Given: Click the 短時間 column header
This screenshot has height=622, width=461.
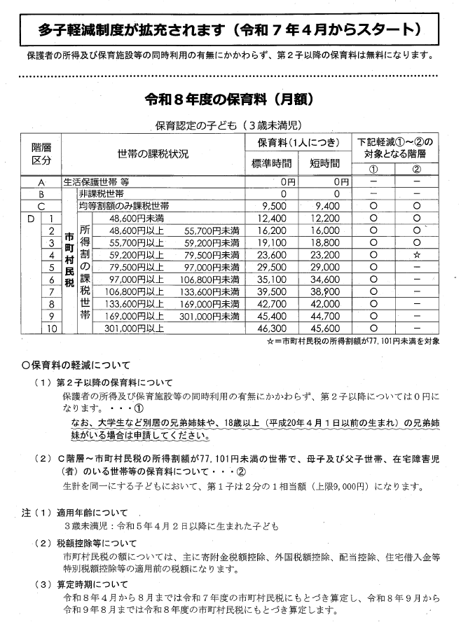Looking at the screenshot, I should [324, 163].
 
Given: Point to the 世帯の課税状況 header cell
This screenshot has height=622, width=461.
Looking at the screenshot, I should [153, 152].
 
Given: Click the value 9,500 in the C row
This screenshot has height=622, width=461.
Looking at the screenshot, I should [274, 206].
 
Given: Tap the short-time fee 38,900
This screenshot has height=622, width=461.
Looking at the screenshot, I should [326, 291].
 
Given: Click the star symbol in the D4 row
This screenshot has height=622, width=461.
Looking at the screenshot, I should [417, 255].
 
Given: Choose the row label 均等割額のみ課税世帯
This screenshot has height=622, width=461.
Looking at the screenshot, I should [123, 206].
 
